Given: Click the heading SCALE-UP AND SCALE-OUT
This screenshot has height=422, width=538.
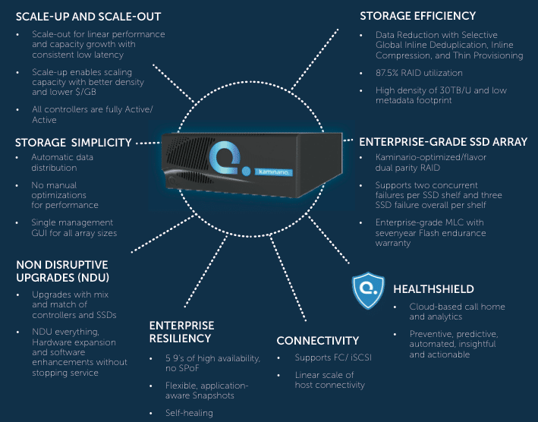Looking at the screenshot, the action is click(x=89, y=17).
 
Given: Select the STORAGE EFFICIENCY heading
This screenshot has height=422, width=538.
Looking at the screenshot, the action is click(x=417, y=16).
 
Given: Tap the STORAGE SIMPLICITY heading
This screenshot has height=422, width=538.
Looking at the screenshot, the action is click(x=74, y=143).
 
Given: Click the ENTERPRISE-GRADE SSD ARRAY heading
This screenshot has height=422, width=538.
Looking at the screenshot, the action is click(x=443, y=142).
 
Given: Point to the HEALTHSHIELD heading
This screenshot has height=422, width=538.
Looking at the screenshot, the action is click(x=434, y=289).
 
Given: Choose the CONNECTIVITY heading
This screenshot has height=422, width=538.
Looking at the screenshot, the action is click(x=318, y=340).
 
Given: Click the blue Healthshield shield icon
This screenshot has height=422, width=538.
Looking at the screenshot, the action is click(x=368, y=290).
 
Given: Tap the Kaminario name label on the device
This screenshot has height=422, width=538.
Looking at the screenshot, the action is click(x=273, y=172).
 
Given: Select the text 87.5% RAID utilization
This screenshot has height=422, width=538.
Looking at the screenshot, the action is click(x=419, y=73).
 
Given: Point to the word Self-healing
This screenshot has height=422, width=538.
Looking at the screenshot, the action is click(x=189, y=413).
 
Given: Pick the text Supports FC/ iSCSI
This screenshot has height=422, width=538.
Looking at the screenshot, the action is click(x=333, y=357).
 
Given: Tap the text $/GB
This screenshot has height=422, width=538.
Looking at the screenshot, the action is click(x=85, y=92).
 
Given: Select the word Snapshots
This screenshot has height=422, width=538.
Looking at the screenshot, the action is click(x=213, y=395).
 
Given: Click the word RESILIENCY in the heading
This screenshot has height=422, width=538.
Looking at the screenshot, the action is click(x=180, y=339).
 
